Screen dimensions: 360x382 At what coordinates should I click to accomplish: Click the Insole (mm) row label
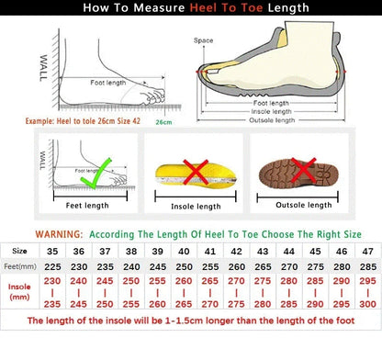pyautogui.click(x=18, y=293)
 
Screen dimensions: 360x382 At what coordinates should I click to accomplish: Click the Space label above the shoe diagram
pyautogui.click(x=204, y=40)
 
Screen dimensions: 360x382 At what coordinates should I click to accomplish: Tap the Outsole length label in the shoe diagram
pyautogui.click(x=274, y=119)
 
